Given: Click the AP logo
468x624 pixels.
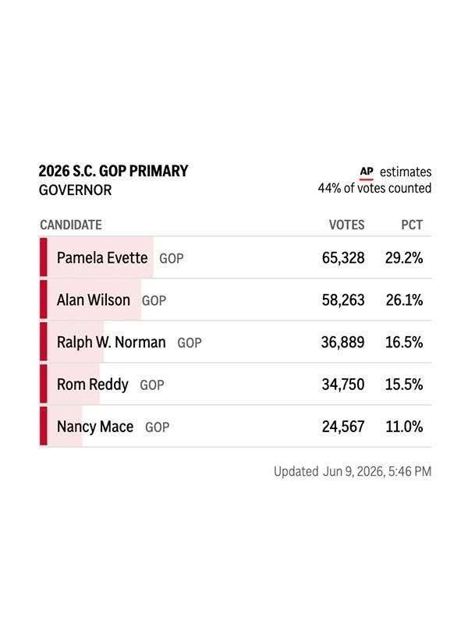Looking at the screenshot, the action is [367, 172].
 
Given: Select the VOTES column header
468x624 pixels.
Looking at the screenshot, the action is [346, 225].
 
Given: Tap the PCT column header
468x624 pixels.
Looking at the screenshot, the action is [412, 225].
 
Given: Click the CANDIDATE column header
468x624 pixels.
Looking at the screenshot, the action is [71, 225].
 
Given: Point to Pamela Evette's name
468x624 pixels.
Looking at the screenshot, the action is [102, 258].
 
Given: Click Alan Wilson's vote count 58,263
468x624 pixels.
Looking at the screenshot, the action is [343, 300].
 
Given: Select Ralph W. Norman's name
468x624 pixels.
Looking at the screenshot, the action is [111, 342].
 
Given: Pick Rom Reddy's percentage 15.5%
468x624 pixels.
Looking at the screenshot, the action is [404, 385].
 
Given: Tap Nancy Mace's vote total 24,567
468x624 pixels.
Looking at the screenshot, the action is [343, 427].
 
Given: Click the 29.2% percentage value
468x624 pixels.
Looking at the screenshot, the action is [404, 258].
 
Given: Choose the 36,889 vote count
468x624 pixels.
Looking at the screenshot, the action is [342, 342].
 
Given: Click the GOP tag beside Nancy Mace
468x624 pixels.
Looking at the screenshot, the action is [158, 427].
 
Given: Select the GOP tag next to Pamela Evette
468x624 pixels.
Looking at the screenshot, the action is [172, 258].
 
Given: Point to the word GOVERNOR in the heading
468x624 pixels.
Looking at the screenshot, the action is [75, 190].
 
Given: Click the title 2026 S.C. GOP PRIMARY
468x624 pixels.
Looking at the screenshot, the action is [113, 171].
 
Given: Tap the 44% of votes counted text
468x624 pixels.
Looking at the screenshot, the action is [374, 188].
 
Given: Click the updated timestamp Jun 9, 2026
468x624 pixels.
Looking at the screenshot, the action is [354, 472].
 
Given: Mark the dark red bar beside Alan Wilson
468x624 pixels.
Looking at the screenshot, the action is [44, 300].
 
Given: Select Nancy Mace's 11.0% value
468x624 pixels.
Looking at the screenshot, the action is [404, 427].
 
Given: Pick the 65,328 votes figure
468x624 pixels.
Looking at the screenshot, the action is [343, 258].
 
